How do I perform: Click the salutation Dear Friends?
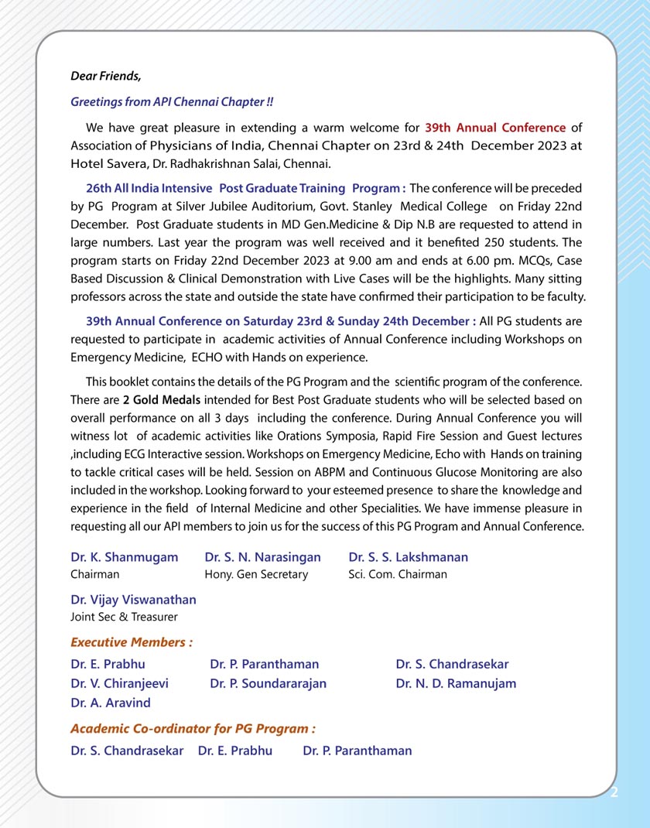click(106, 76)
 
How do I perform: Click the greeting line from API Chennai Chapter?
click(172, 101)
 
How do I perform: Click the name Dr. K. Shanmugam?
click(124, 557)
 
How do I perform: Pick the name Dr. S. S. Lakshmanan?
click(408, 557)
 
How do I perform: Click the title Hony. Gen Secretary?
click(256, 574)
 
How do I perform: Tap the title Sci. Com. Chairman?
click(398, 574)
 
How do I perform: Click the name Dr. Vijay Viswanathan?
click(133, 600)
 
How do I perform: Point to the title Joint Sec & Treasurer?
click(124, 617)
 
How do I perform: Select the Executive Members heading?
click(132, 642)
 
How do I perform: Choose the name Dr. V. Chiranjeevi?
click(119, 683)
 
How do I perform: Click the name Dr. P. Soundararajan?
click(268, 683)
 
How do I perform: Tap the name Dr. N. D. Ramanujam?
click(456, 683)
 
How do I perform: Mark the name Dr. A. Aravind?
click(111, 703)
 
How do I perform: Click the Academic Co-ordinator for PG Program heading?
click(193, 729)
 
